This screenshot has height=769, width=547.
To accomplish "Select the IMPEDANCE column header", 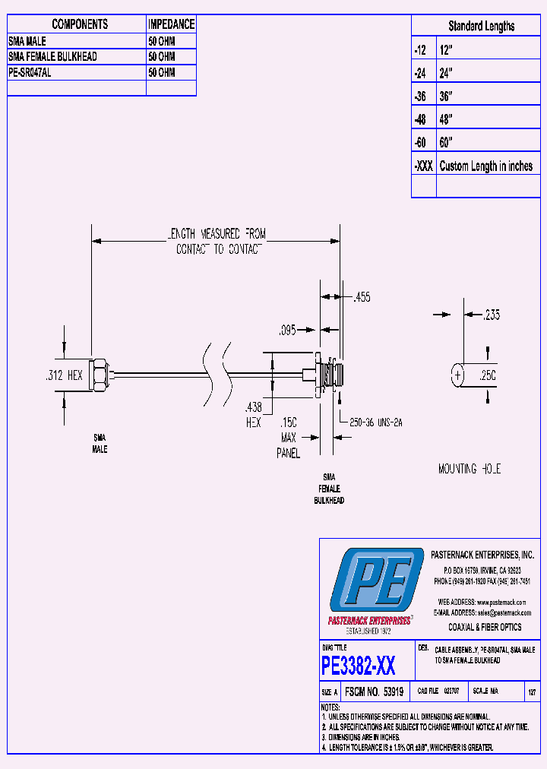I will tap(171, 24).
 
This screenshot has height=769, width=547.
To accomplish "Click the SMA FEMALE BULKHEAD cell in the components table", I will tap(53, 57).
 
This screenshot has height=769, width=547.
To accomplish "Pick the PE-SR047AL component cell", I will tap(30, 72).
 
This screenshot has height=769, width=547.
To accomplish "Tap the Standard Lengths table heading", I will tap(481, 26).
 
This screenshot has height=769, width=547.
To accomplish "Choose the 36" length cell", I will tap(446, 97).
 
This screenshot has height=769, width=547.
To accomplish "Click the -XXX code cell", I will tap(423, 166).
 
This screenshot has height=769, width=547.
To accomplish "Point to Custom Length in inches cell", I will tap(486, 166).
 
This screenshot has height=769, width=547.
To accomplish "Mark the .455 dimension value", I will tap(362, 298).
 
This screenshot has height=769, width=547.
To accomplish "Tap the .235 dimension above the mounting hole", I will tap(492, 315).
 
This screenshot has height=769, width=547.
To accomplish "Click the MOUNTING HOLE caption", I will tap(470, 470).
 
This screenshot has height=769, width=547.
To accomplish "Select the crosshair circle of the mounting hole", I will tap(457, 375).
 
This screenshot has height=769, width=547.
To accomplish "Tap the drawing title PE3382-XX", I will tap(359, 666).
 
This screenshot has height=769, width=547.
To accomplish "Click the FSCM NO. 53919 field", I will tap(374, 692).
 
